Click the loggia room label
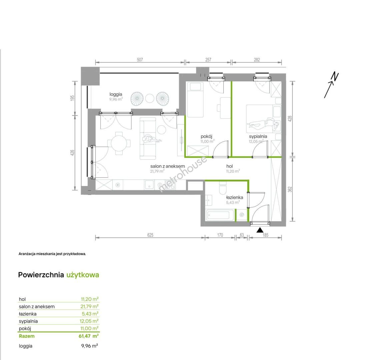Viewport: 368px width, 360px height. click(x=116, y=94)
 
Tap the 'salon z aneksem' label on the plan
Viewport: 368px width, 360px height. click(x=168, y=166)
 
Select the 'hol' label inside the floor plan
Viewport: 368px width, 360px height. click(x=230, y=166)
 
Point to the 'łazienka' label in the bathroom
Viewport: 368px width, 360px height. click(x=234, y=197)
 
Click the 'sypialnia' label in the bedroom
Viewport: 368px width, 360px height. click(x=258, y=136)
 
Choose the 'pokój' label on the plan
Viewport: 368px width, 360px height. click(x=207, y=136)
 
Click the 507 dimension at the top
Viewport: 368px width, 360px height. click(x=140, y=60)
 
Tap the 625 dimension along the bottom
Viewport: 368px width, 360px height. click(x=150, y=235)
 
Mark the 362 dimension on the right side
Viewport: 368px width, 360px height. click(x=290, y=189)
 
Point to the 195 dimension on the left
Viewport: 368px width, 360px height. click(x=72, y=98)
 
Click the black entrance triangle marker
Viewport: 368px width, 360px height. click(x=260, y=230)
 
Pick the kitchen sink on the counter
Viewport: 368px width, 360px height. click(x=149, y=184)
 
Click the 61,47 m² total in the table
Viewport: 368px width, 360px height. click(x=88, y=336)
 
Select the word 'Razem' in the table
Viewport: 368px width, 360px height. click(x=27, y=336)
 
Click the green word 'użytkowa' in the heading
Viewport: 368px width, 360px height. click(x=83, y=275)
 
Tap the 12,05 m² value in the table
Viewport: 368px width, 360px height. click(x=89, y=321)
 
